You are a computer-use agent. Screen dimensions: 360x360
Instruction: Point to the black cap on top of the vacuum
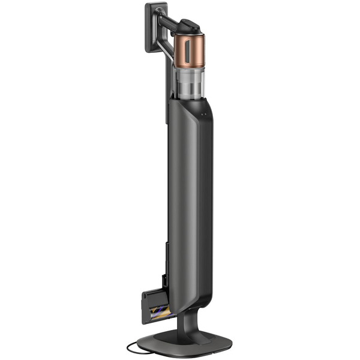[191, 25]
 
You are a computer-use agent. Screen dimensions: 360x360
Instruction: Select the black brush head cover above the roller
[153, 295]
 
